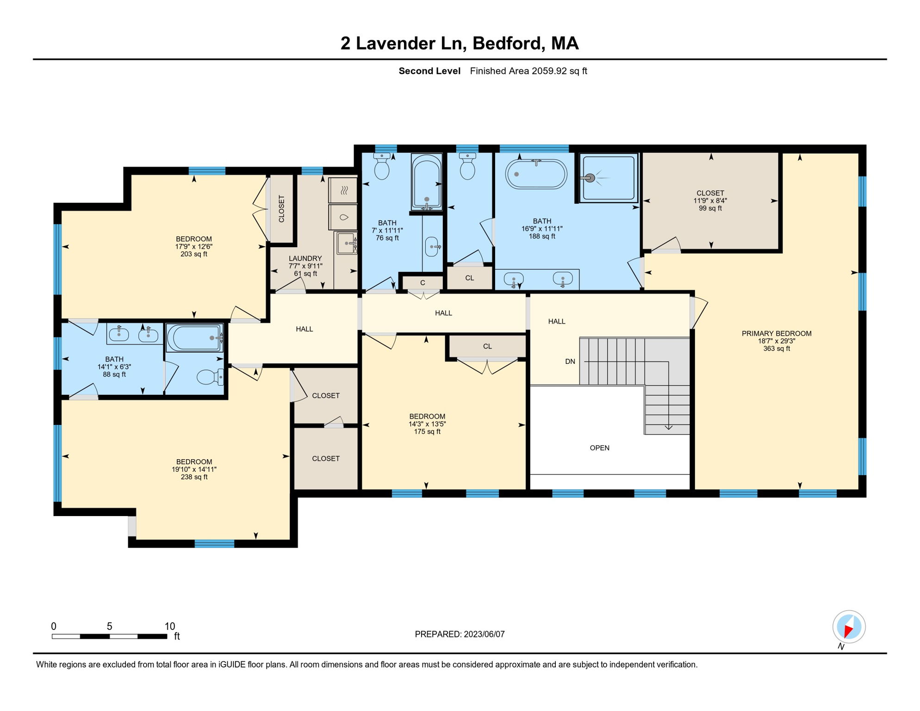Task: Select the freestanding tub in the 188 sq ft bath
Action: pos(536,174)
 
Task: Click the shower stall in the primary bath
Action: pos(609,178)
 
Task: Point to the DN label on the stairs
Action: pos(570,362)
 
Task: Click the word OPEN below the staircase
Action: pos(600,448)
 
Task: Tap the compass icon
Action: pos(849,627)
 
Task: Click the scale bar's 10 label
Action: pos(170,626)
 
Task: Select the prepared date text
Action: pos(460,634)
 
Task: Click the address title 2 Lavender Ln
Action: pos(402,43)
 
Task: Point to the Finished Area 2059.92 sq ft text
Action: pos(528,71)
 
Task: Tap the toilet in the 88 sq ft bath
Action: pos(210,377)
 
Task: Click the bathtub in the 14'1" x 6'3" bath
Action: pos(195,338)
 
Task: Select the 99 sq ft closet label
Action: pos(710,200)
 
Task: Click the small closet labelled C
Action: pos(423,282)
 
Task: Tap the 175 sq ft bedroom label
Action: pos(427,424)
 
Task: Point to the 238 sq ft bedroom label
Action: pos(194,469)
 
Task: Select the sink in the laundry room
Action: pos(347,243)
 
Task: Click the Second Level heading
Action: pos(429,71)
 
